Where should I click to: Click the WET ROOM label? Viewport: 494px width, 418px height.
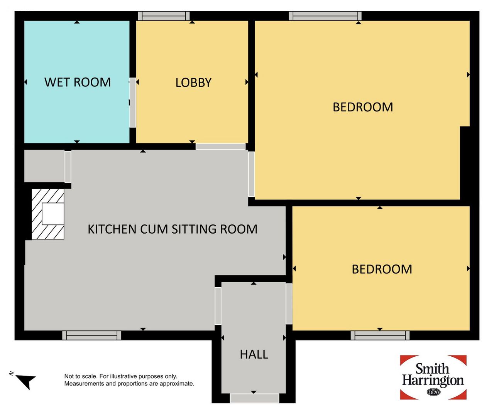coord(78,82)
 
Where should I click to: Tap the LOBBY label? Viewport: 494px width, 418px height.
coord(193,83)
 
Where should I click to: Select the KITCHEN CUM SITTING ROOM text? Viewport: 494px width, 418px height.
coord(173,229)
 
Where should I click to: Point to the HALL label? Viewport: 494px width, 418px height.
coord(254,354)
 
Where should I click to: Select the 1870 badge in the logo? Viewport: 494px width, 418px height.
coord(433,392)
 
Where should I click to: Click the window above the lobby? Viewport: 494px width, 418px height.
coord(164,16)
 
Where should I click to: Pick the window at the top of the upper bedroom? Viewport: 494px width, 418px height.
coord(325,16)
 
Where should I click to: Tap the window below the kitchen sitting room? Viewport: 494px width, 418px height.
coord(91,335)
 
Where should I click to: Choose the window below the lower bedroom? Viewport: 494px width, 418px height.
coord(380,335)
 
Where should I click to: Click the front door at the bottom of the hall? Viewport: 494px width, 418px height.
coord(255,398)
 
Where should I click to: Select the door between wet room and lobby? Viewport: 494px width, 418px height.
coord(133,102)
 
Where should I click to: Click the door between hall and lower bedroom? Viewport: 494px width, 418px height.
coord(289,303)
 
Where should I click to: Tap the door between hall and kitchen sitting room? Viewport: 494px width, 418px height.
coord(218,306)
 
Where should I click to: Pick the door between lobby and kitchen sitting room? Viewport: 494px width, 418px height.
coord(221,147)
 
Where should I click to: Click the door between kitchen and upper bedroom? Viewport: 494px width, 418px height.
coord(251,174)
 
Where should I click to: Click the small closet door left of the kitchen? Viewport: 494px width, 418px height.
coord(68,167)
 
